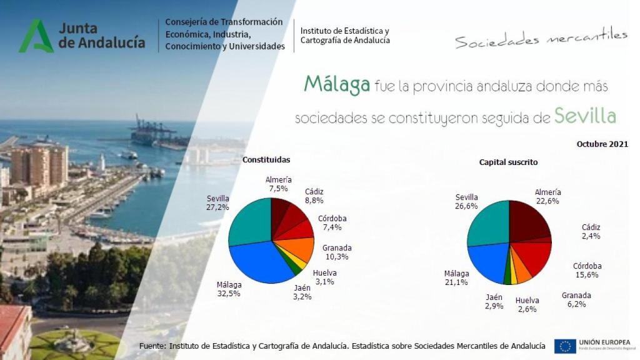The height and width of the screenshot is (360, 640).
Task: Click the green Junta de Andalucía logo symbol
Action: click(x=36, y=36)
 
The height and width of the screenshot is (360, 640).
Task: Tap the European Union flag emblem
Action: click(x=565, y=346)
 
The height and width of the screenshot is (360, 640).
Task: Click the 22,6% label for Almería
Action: click(x=547, y=201)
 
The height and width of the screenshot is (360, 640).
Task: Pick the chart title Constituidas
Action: click(x=266, y=160)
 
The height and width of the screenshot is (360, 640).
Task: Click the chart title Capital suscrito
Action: click(x=508, y=162)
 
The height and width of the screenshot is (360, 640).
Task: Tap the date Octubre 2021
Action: click(x=602, y=144)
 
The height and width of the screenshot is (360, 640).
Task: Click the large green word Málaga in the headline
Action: click(x=337, y=84)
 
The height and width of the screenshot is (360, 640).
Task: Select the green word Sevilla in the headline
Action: click(x=585, y=116)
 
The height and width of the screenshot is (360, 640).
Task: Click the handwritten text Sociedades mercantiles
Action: click(x=541, y=39)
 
